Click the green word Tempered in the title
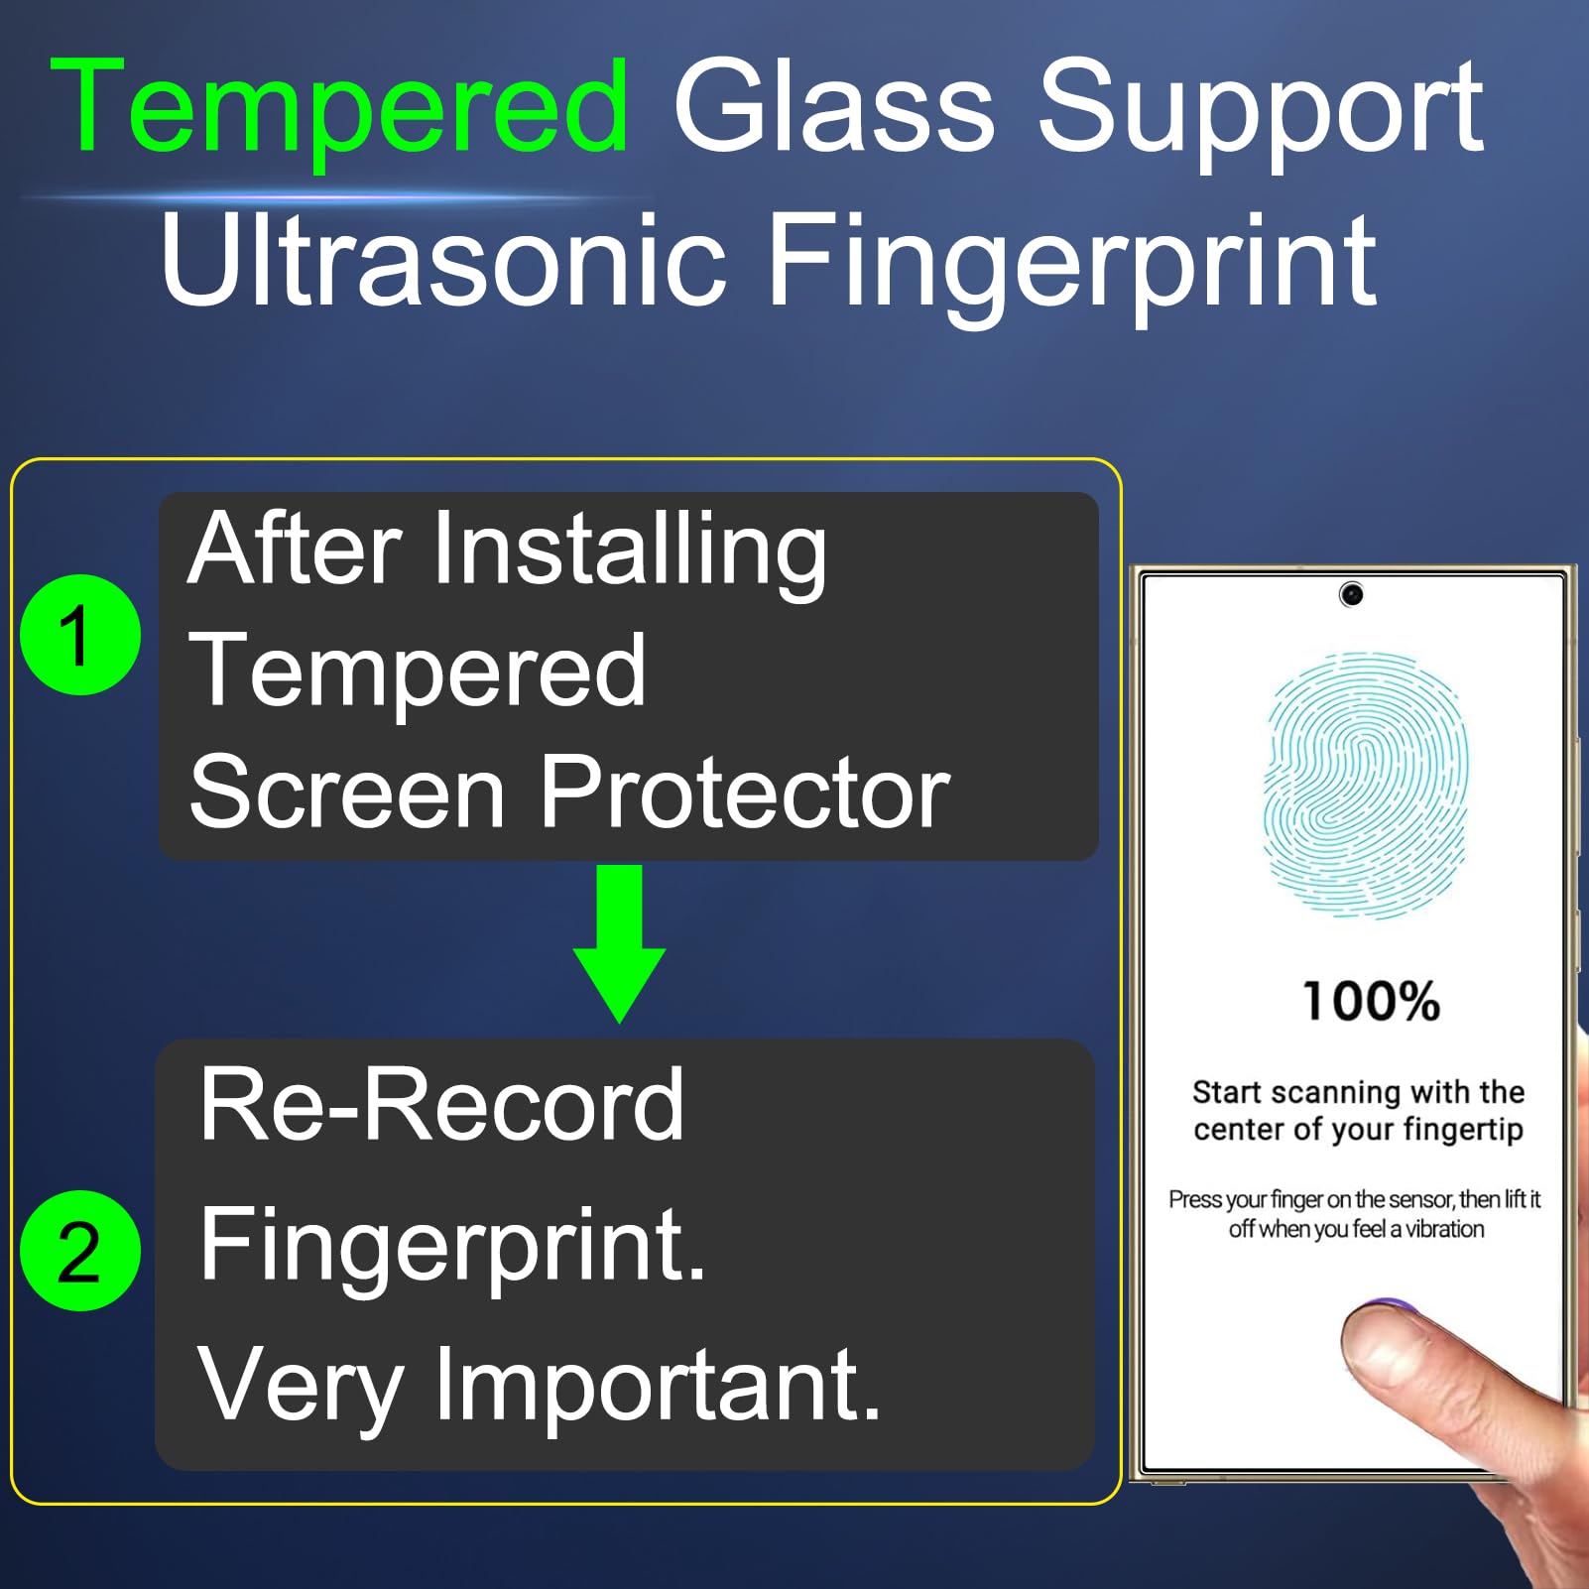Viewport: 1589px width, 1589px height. (339, 108)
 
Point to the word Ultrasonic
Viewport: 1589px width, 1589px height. (441, 259)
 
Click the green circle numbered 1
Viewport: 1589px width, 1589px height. (79, 635)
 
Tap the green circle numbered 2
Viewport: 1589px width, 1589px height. (79, 1251)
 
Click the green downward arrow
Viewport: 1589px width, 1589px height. (619, 943)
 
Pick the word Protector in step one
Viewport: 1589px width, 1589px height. (745, 792)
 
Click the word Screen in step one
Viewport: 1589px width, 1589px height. (347, 792)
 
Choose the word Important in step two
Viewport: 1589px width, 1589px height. (658, 1386)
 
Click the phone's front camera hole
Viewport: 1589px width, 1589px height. (1351, 594)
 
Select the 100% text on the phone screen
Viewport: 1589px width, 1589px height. (1371, 1001)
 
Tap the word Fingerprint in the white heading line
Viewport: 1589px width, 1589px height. (1071, 263)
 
